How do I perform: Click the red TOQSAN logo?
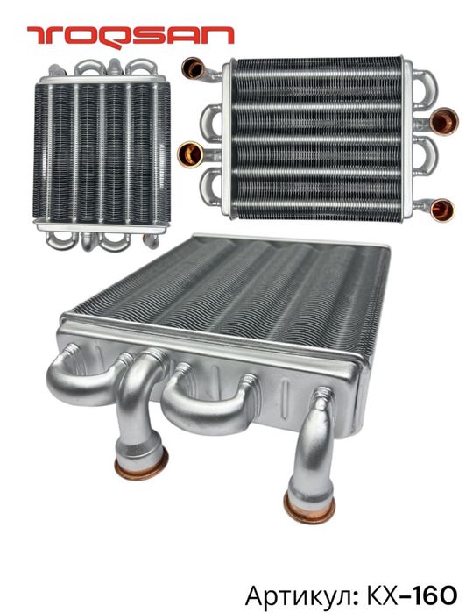(x=131, y=37)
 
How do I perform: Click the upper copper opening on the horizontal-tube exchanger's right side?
(x=444, y=122)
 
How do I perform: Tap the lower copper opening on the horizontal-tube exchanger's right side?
(x=442, y=210)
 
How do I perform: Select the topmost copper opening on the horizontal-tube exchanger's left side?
(x=193, y=68)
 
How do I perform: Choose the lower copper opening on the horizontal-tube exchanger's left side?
(x=190, y=154)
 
